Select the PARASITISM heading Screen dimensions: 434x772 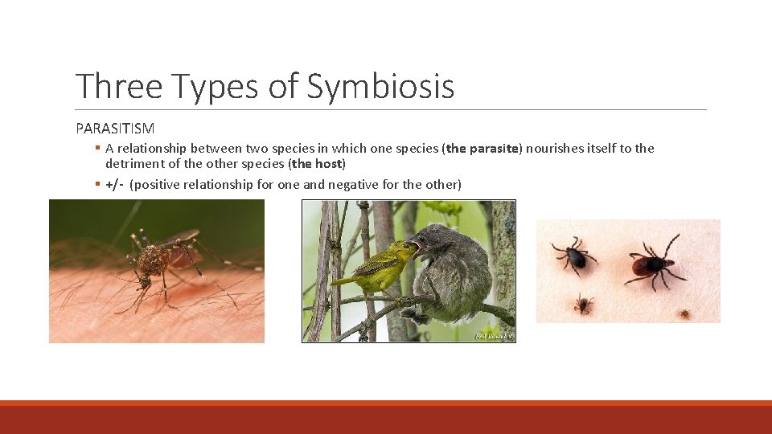[x=115, y=128]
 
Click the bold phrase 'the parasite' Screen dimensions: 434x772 [x=484, y=148]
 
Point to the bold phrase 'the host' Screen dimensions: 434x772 [x=316, y=164]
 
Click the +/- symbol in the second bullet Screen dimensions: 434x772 [x=114, y=185]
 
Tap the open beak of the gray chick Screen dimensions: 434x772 [x=415, y=244]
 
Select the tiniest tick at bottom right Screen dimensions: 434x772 [x=684, y=313]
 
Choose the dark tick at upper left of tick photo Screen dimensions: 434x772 [x=574, y=256]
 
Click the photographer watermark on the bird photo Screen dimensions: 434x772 [x=492, y=335]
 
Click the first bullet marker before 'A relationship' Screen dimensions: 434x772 [x=96, y=148]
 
